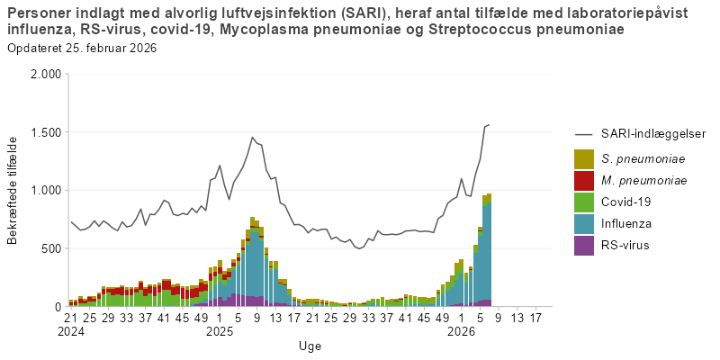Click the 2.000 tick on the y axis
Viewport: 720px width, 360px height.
tap(43, 75)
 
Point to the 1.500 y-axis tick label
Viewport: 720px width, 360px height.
tap(43, 132)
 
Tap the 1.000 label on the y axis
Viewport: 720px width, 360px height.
tap(43, 191)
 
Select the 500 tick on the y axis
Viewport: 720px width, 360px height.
tap(49, 248)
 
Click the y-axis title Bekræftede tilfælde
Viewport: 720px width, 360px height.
tap(13, 190)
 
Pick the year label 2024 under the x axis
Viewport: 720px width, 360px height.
tap(71, 331)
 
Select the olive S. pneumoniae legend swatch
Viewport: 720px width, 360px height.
tap(584, 158)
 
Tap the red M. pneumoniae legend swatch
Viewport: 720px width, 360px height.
tap(584, 180)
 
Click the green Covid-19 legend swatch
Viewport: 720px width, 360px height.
tap(584, 202)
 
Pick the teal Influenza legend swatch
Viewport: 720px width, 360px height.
tap(584, 223)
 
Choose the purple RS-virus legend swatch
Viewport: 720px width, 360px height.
tap(584, 245)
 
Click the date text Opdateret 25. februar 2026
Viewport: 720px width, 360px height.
tap(81, 48)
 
